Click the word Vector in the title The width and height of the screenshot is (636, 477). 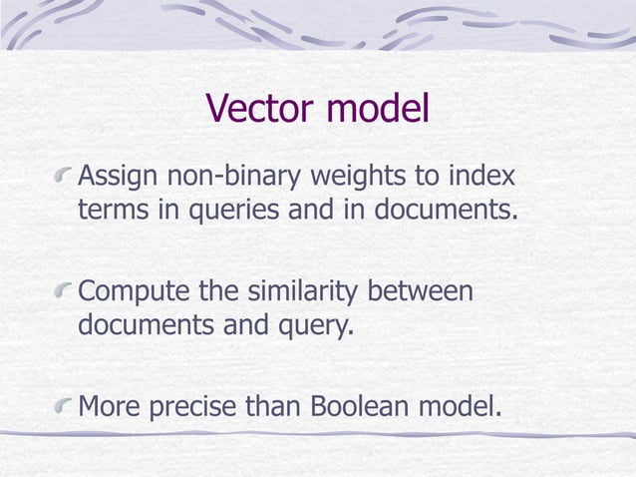coord(262,110)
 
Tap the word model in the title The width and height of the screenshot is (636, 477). coord(379,110)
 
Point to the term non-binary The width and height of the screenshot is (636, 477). coord(223,180)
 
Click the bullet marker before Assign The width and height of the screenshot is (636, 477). coord(65,181)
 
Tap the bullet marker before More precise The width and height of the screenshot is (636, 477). coord(65,407)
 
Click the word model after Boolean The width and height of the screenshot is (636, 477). coord(458,406)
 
